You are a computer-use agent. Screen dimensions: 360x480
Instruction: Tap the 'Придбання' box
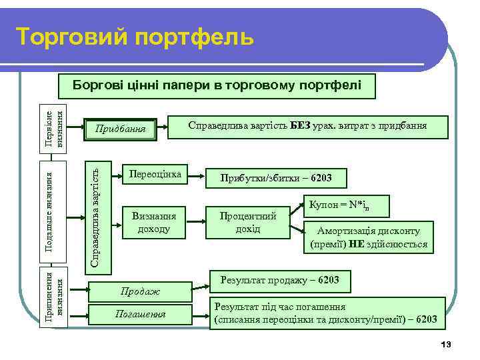coord(122,127)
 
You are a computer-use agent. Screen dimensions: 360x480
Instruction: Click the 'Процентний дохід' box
coord(247,222)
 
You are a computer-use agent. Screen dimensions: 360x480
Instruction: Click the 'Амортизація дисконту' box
coord(368,237)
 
